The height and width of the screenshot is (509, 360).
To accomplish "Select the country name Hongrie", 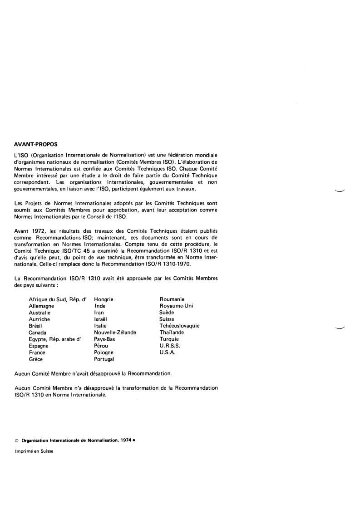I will tap(104, 299).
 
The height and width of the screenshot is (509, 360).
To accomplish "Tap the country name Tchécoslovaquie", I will tap(179, 326).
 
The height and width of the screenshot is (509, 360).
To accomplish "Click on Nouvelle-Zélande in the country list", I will tap(115, 333).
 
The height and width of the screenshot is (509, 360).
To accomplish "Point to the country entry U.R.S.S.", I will tap(169, 346).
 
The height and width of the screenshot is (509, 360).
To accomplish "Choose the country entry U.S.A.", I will tap(168, 352).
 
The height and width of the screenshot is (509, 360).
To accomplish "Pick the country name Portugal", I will tap(104, 359).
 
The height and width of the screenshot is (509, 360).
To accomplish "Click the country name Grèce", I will tap(36, 359).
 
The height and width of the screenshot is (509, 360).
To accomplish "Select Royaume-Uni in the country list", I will tap(176, 306).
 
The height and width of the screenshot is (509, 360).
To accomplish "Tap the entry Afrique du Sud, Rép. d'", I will tap(57, 299).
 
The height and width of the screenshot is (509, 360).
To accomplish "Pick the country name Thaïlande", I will tap(172, 333).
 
